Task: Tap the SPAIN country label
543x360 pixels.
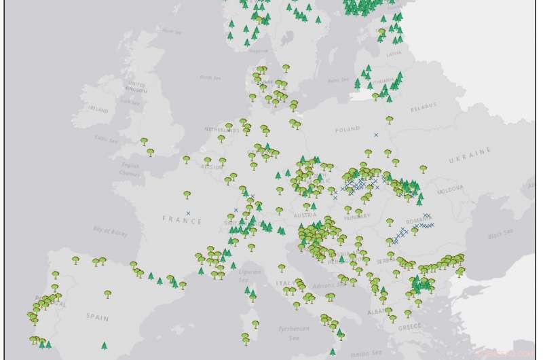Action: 97,317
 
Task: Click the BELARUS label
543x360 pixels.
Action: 422,109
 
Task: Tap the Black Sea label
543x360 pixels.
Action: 500,236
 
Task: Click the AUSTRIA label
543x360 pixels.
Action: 305,215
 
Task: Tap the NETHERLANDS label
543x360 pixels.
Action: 219,128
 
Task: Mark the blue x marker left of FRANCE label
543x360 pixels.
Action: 188,213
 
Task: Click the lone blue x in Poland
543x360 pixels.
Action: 376,135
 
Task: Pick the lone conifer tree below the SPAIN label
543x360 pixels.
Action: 104,346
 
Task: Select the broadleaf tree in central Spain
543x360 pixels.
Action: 107,294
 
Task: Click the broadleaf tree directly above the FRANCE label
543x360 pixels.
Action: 187,195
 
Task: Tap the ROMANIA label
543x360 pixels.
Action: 419,221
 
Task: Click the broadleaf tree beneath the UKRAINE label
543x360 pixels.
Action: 423,169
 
